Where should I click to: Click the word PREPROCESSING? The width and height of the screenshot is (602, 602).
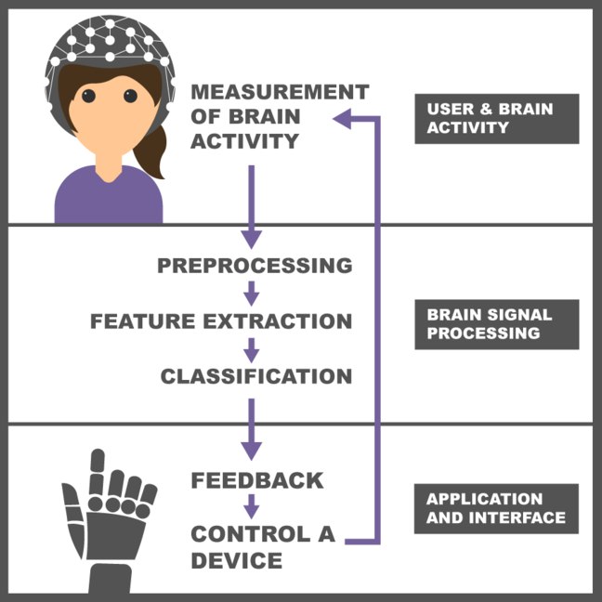[x=255, y=266]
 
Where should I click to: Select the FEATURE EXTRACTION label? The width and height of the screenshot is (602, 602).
[x=221, y=321]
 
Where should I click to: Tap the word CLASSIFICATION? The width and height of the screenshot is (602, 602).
[x=255, y=377]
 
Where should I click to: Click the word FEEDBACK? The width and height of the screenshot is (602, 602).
[x=257, y=480]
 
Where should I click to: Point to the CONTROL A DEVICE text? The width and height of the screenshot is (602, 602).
[x=262, y=547]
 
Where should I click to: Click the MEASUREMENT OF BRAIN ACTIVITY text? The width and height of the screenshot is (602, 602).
[x=279, y=117]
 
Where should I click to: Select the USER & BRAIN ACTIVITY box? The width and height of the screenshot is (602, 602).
[x=496, y=119]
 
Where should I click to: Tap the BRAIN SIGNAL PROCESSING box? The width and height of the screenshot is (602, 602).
[x=496, y=323]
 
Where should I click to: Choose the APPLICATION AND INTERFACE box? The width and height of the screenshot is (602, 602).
[x=496, y=508]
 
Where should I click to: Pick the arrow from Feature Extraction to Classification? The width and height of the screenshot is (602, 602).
[x=251, y=349]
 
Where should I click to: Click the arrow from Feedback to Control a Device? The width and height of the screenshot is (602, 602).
[x=251, y=507]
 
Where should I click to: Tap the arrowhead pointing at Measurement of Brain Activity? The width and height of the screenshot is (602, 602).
[x=342, y=117]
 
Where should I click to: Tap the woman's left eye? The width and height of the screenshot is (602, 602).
[x=131, y=95]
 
